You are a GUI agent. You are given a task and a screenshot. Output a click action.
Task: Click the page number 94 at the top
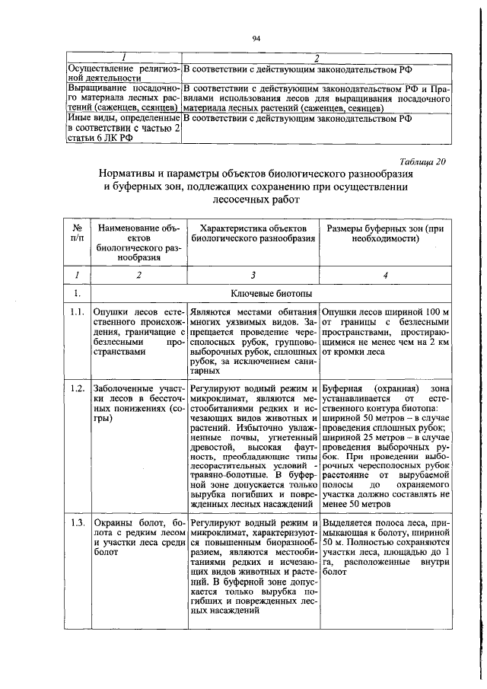256,38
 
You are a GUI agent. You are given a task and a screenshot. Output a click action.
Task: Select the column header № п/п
76,233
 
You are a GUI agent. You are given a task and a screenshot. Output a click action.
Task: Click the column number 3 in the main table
253,276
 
